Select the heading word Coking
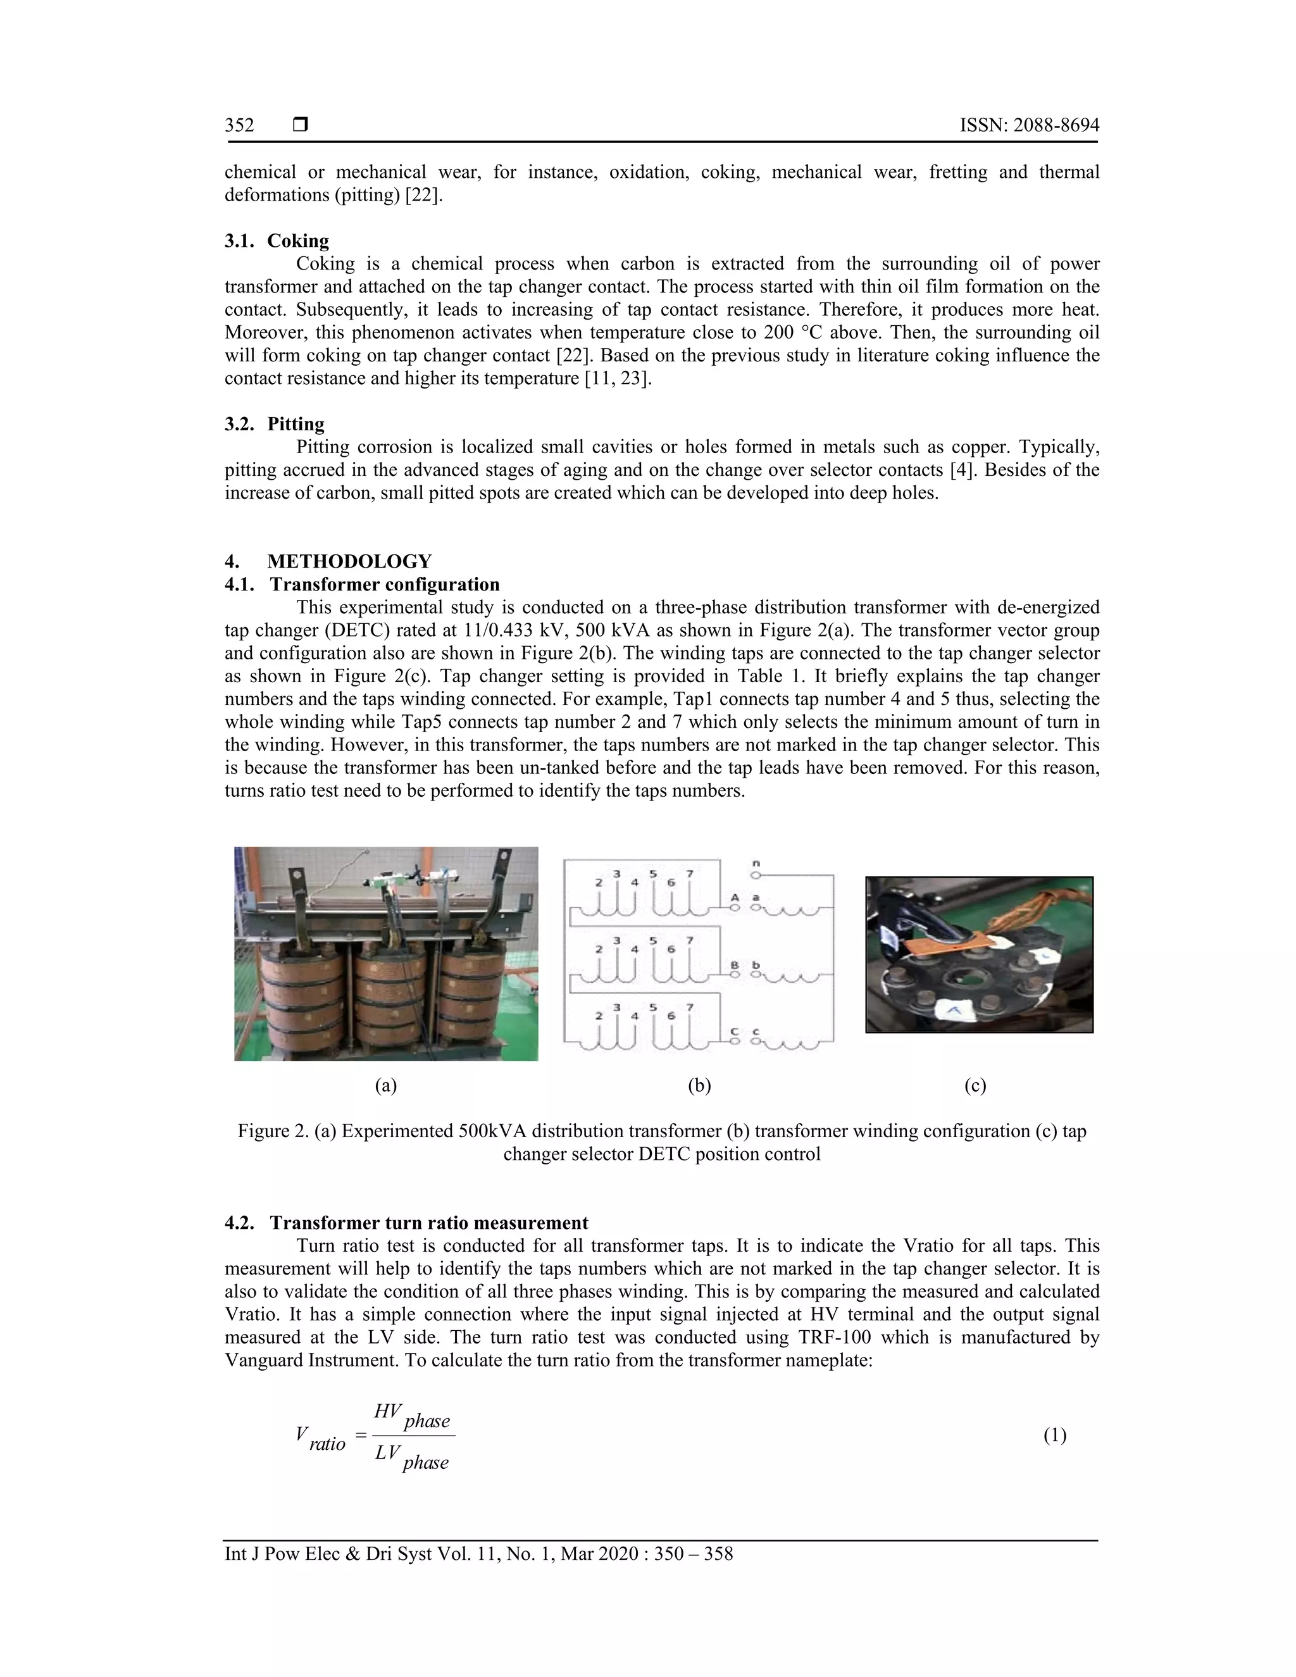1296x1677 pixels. pyautogui.click(x=298, y=240)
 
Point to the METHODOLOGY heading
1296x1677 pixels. pyautogui.click(x=349, y=561)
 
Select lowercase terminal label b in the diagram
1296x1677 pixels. pyautogui.click(x=756, y=964)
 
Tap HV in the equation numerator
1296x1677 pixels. pyautogui.click(x=388, y=1411)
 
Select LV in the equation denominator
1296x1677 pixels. pyautogui.click(x=388, y=1453)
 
